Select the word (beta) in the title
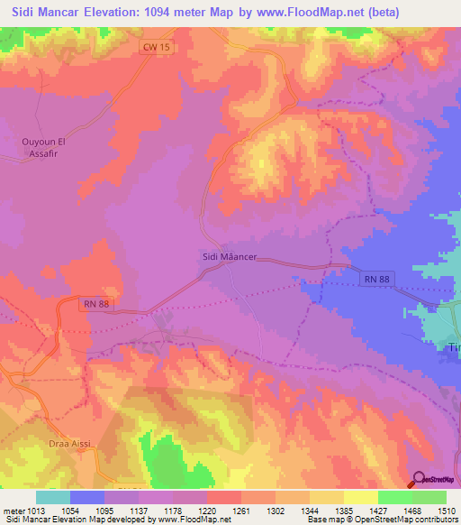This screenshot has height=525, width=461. tap(385, 13)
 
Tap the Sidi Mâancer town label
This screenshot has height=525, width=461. tap(227, 257)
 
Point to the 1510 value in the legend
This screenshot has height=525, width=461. tap(447, 511)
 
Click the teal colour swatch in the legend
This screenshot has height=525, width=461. tap(53, 497)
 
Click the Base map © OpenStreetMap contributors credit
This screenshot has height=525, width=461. tap(381, 520)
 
